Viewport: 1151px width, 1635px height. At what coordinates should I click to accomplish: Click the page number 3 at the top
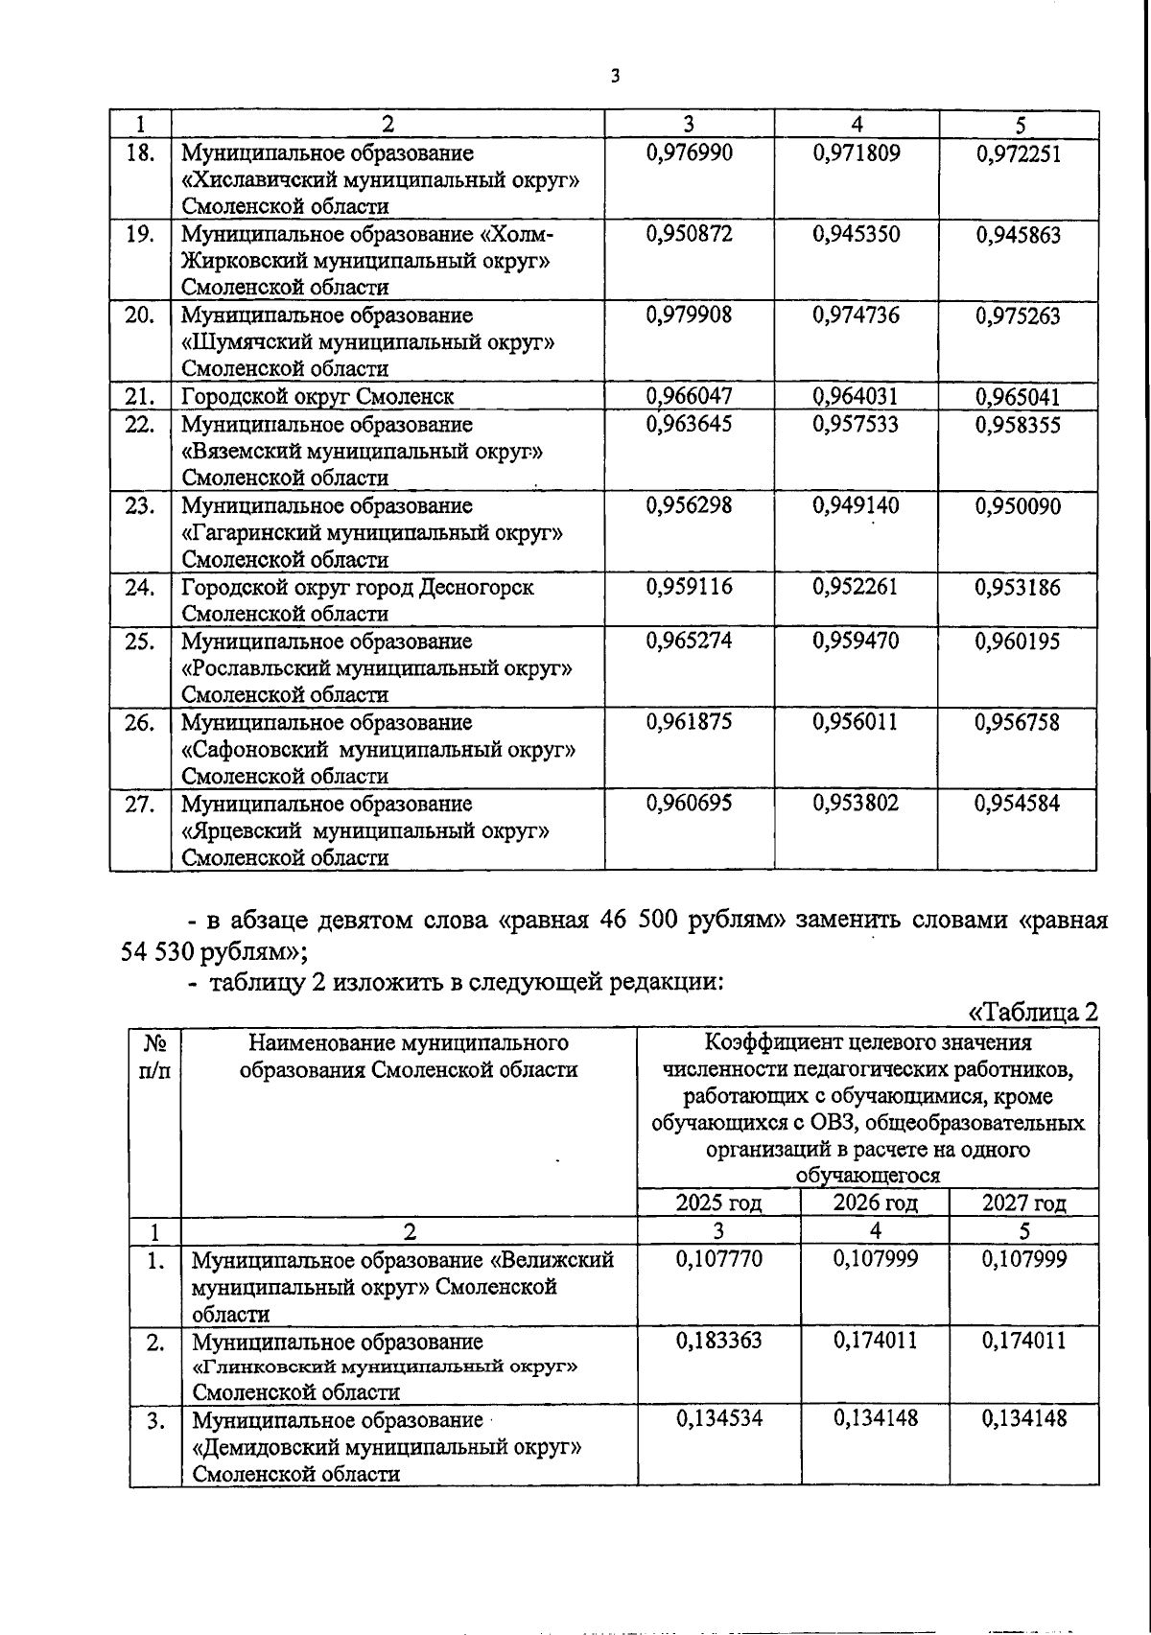click(x=615, y=78)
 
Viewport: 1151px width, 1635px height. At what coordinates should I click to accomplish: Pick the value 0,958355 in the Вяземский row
click(x=1018, y=425)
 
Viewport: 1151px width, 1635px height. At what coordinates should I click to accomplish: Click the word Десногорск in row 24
click(x=476, y=588)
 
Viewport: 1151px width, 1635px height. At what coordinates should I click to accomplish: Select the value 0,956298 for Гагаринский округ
click(x=690, y=506)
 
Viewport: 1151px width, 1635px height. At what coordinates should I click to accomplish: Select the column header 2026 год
click(x=875, y=1203)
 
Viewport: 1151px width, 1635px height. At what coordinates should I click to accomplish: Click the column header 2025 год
click(x=718, y=1203)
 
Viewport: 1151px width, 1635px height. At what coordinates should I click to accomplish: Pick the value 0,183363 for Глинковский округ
click(x=718, y=1341)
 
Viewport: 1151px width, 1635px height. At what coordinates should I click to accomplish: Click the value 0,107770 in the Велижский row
click(x=718, y=1259)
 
